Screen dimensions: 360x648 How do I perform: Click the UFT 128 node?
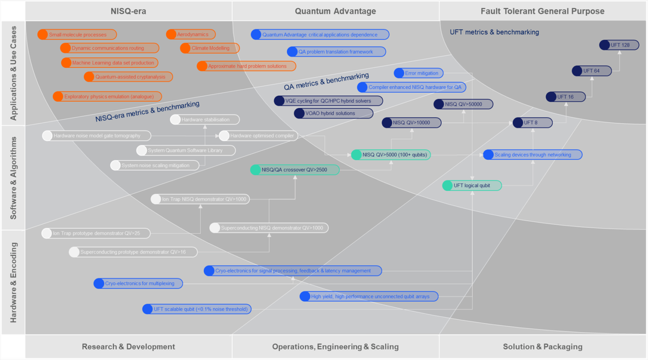tap(619, 45)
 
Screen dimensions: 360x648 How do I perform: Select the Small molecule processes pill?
tap(77, 35)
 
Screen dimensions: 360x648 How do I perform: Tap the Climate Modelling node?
tap(210, 48)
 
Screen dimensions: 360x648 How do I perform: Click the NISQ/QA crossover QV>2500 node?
tap(294, 170)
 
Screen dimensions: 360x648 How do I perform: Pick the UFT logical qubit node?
tap(472, 185)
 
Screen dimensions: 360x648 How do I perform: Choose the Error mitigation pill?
tap(419, 73)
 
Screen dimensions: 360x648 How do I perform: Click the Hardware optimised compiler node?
tap(259, 136)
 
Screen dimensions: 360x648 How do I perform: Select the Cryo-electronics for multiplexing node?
tap(138, 284)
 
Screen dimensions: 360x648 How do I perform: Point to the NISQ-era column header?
tap(128, 11)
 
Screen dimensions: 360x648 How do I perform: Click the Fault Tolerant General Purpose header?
tap(542, 11)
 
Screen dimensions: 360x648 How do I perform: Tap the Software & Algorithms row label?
tap(13, 178)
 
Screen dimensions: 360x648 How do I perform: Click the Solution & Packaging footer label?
tap(542, 346)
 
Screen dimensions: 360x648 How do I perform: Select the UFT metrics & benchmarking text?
tap(494, 32)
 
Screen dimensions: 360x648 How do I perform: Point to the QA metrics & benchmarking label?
tap(326, 81)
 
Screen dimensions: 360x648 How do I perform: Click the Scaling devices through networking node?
tap(532, 155)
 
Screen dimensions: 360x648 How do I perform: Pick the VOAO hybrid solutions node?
tap(333, 114)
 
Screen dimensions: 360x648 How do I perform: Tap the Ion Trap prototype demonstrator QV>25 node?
tap(96, 233)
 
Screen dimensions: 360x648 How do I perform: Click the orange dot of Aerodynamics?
tap(171, 35)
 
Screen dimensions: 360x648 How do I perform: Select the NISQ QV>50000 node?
tap(463, 104)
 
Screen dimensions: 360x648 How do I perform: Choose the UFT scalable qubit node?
tap(197, 309)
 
